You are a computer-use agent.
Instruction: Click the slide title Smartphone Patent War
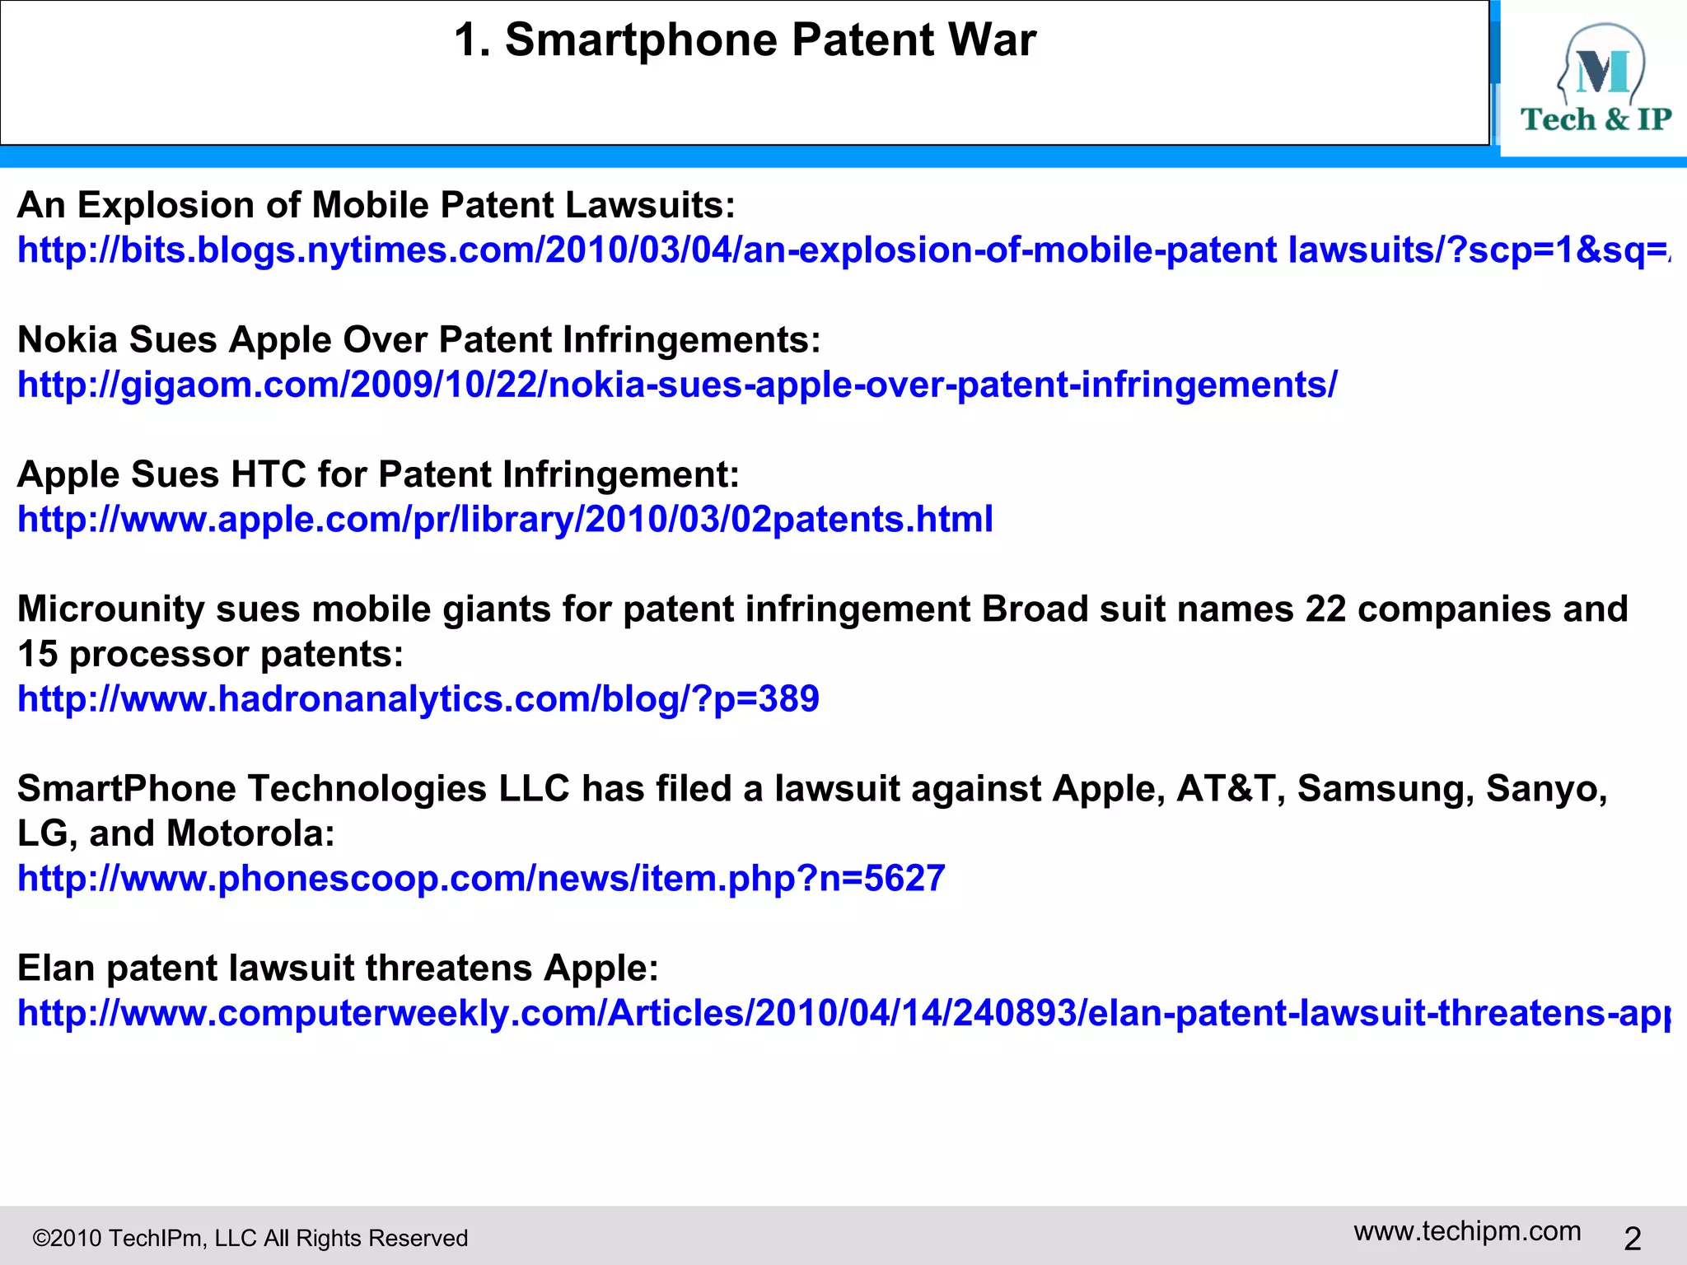[x=745, y=40]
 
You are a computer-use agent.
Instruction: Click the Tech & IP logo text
[x=1596, y=119]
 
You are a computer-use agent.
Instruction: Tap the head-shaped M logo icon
[x=1601, y=64]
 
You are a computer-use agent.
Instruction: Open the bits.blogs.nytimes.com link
[x=840, y=250]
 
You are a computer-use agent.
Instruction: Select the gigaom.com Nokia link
[x=677, y=385]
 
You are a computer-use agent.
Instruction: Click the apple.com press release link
[x=505, y=520]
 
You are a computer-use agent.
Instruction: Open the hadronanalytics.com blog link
[x=418, y=699]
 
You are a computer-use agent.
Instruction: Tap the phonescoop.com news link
[x=481, y=879]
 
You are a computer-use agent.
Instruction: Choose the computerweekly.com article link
[x=840, y=1013]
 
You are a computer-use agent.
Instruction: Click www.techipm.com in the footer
[x=1467, y=1231]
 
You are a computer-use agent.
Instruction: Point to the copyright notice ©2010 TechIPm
[x=250, y=1238]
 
